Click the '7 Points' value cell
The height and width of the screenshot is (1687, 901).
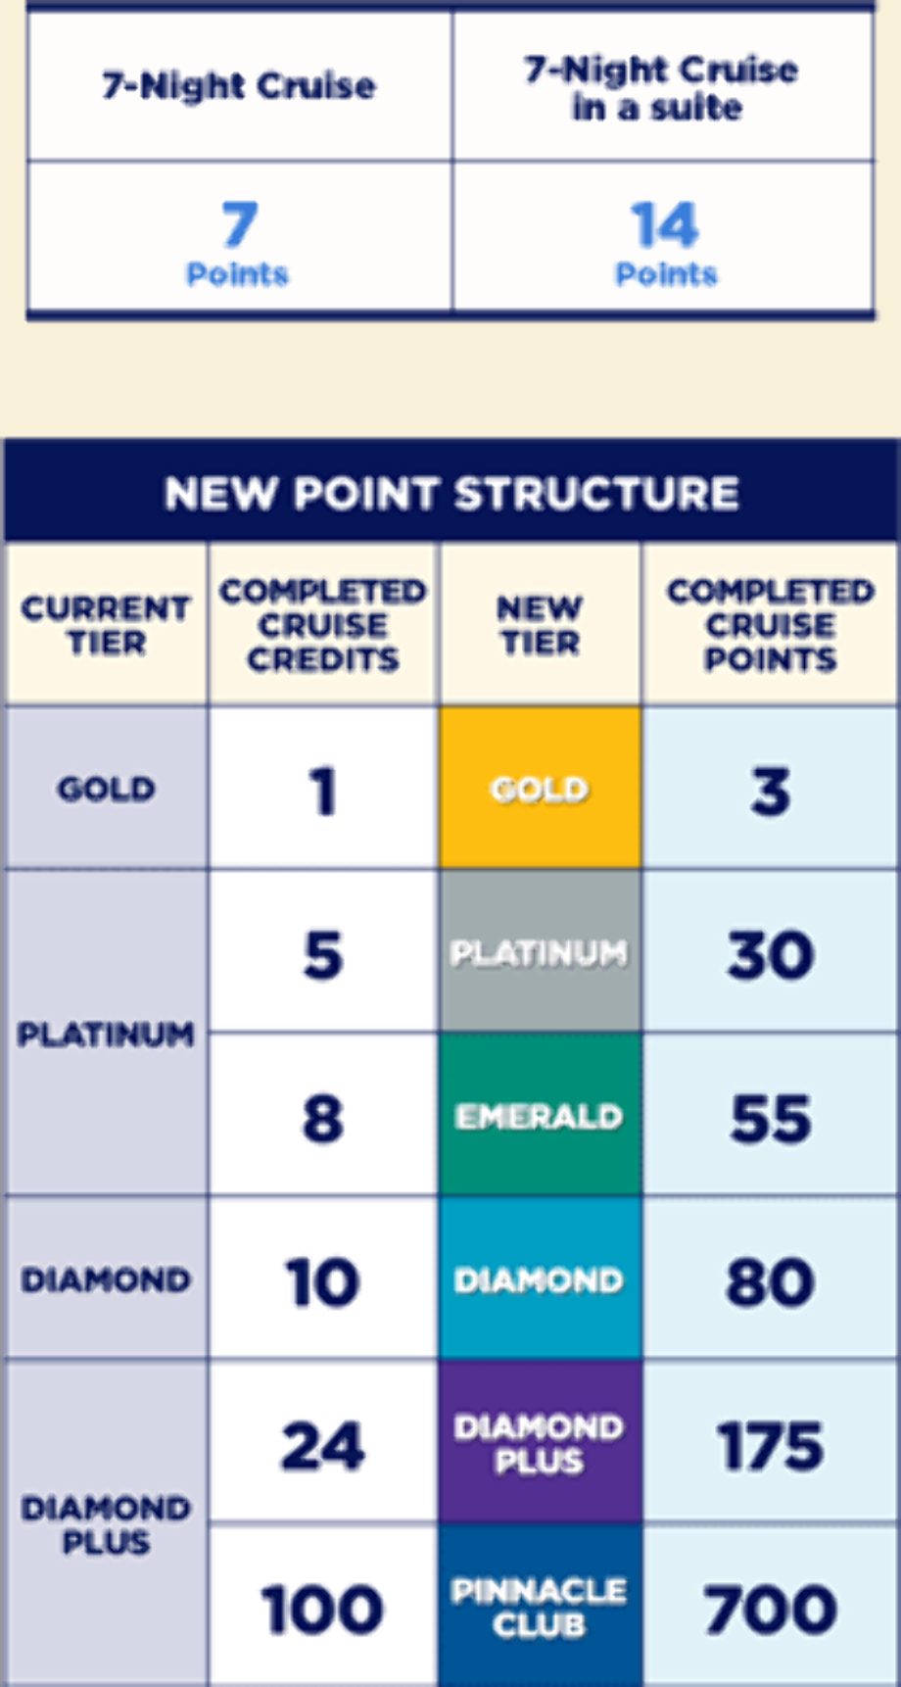pyautogui.click(x=239, y=237)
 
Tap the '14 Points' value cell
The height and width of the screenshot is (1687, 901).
pyautogui.click(x=664, y=237)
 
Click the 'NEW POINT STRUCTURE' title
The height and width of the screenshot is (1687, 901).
pyautogui.click(x=451, y=493)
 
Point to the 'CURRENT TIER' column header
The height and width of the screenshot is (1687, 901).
pyautogui.click(x=106, y=625)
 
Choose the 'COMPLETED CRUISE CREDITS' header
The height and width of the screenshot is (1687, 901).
pyautogui.click(x=323, y=625)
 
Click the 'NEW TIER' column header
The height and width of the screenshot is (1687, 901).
pyautogui.click(x=540, y=625)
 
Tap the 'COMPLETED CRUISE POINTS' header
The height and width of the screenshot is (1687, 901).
pyautogui.click(x=771, y=625)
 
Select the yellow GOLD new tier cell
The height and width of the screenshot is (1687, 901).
pyautogui.click(x=541, y=788)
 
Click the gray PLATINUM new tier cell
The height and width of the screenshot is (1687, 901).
pyautogui.click(x=541, y=951)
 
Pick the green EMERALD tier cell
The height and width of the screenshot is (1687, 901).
pyautogui.click(x=541, y=1115)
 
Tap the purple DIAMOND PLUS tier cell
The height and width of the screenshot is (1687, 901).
pyautogui.click(x=541, y=1442)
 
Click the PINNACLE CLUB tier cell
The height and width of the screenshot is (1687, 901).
pyautogui.click(x=541, y=1606)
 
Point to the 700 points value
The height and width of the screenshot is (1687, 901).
pyautogui.click(x=771, y=1609)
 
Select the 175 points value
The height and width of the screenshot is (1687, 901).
pyautogui.click(x=771, y=1445)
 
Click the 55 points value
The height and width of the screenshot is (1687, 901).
pyautogui.click(x=771, y=1118)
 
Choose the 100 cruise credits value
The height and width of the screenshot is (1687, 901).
pyautogui.click(x=322, y=1609)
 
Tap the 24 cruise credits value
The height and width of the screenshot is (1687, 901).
pyautogui.click(x=322, y=1445)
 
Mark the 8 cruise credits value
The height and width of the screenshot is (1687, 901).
pyautogui.click(x=322, y=1118)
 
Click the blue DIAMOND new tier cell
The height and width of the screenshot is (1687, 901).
pyautogui.click(x=541, y=1278)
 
